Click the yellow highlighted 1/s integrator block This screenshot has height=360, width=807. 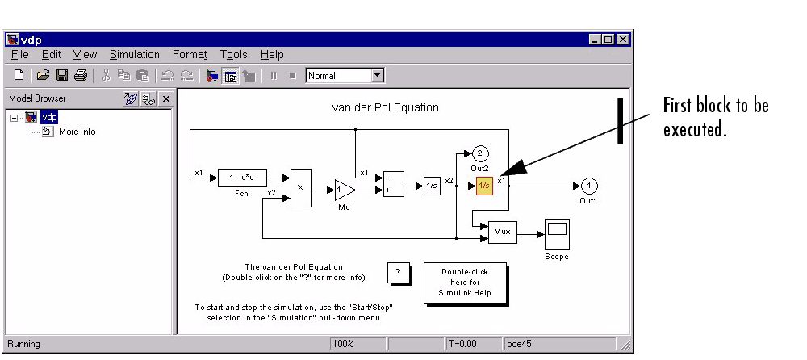click(484, 186)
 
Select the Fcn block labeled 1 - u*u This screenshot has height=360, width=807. click(242, 178)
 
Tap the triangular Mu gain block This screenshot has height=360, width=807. click(345, 190)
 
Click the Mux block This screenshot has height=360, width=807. click(502, 232)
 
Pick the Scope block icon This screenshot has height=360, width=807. click(557, 234)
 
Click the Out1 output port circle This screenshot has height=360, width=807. click(589, 186)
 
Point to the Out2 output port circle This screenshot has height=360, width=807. click(479, 153)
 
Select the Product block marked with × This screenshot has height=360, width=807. click(301, 188)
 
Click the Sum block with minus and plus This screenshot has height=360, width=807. click(394, 184)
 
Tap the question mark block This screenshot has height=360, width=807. click(399, 272)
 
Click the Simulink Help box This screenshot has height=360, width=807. click(466, 283)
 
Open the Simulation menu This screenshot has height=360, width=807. click(135, 55)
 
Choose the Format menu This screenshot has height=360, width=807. click(190, 55)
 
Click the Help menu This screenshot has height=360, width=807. click(272, 55)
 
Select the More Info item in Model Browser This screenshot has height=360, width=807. click(77, 132)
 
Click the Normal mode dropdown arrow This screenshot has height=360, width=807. click(378, 76)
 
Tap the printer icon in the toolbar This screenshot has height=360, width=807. click(80, 76)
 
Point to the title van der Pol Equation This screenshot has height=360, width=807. click(386, 107)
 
